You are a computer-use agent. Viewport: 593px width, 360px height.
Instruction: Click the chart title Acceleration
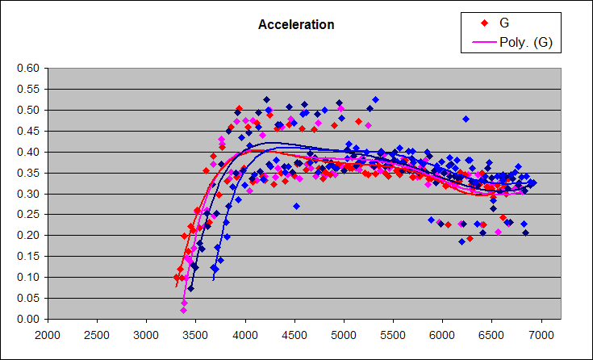[x=296, y=25]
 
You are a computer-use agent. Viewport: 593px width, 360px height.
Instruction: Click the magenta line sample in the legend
[x=483, y=42]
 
